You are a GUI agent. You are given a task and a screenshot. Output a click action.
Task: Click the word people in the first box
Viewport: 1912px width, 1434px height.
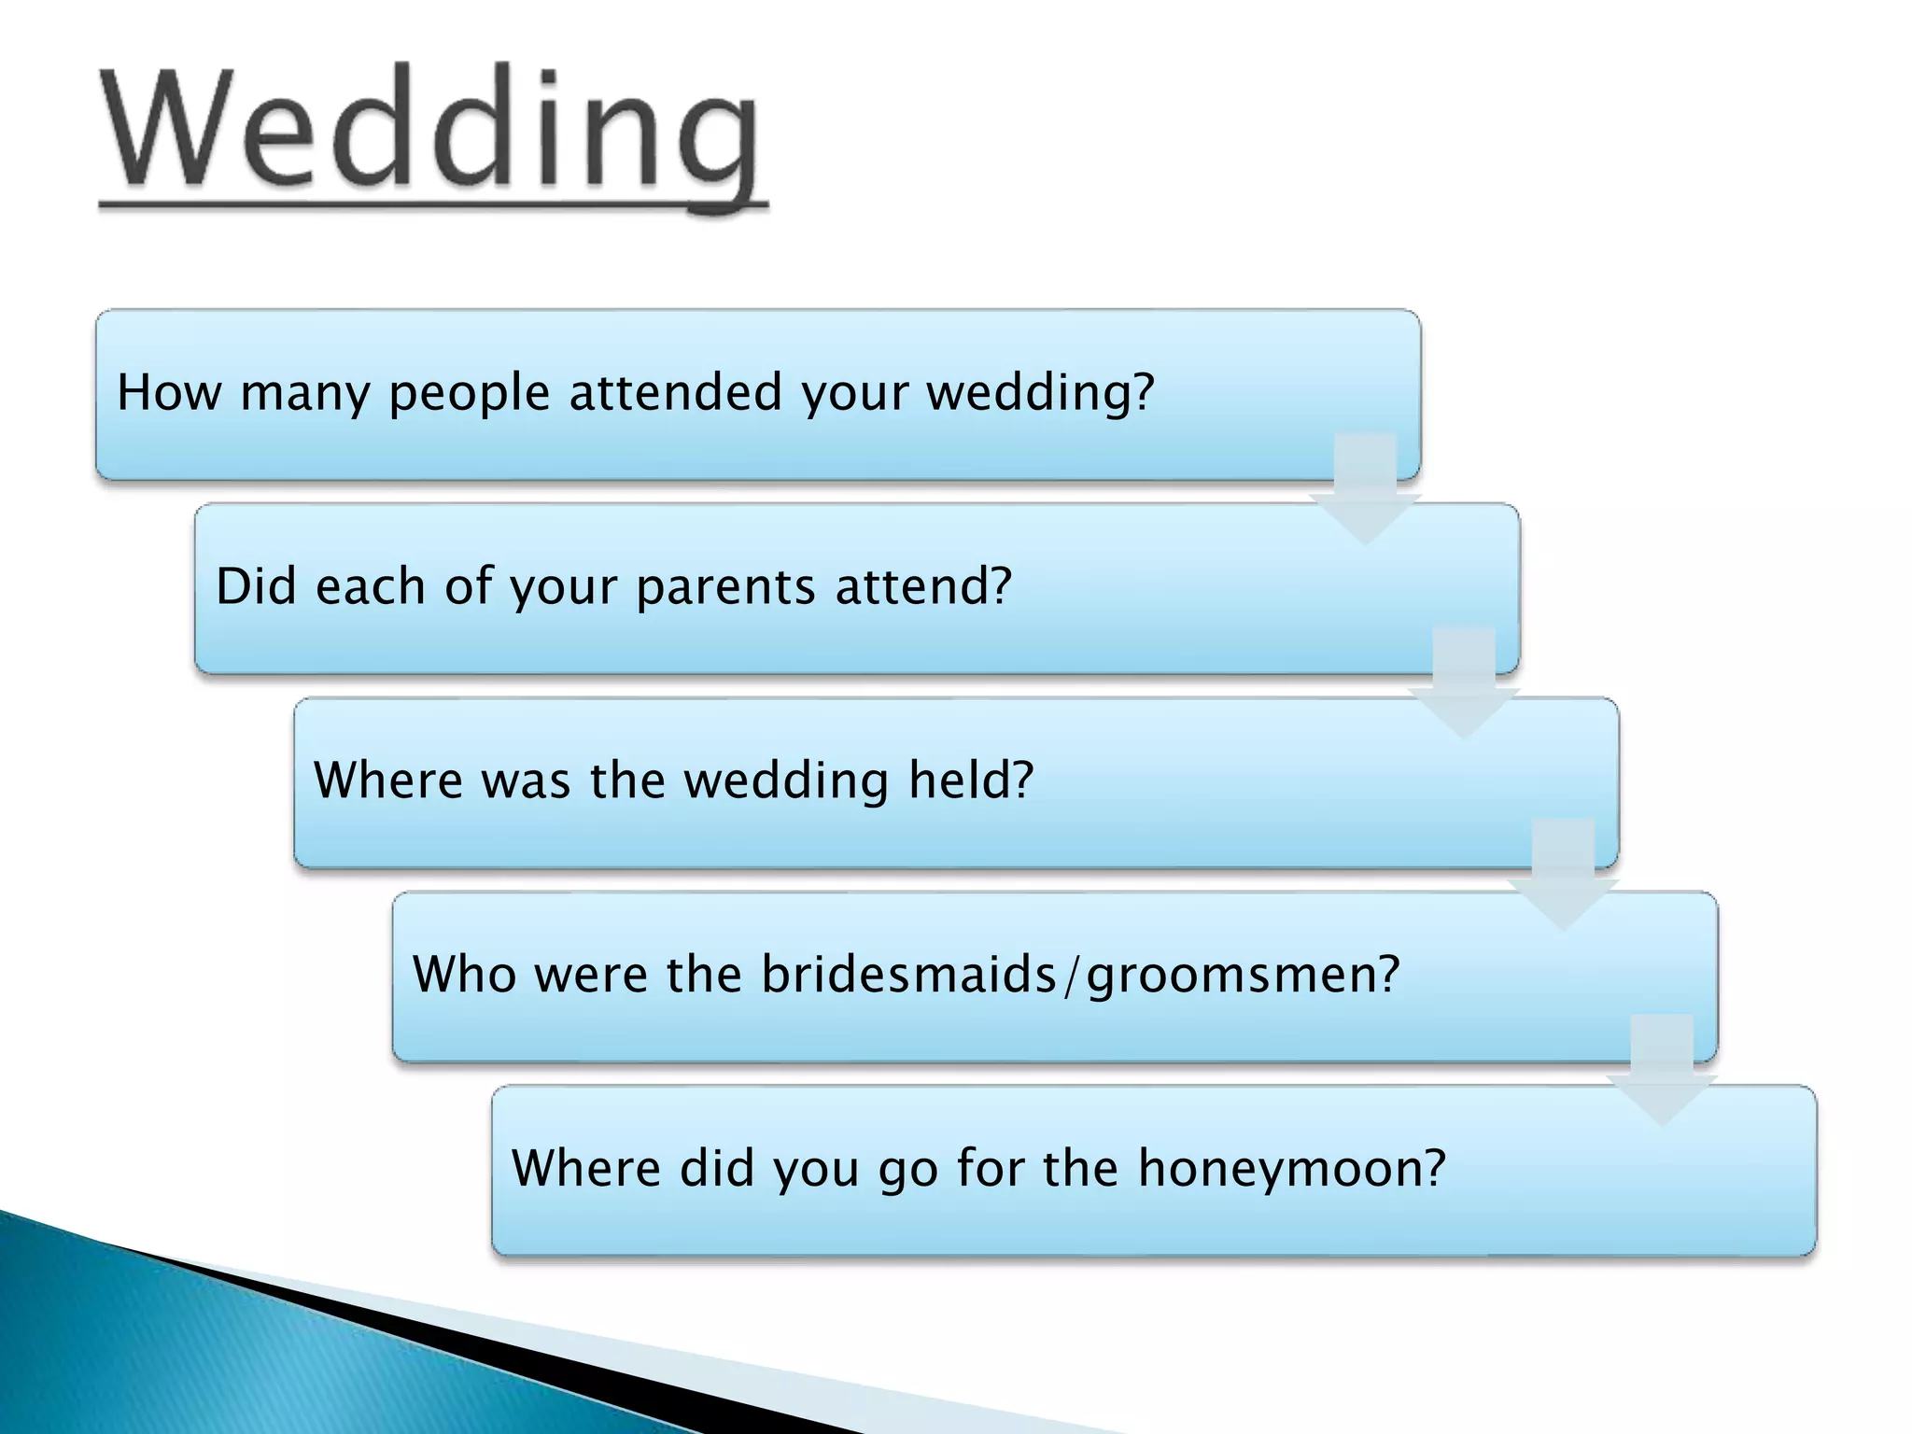click(469, 393)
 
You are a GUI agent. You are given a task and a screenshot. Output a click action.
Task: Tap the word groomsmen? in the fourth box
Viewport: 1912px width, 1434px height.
click(1243, 976)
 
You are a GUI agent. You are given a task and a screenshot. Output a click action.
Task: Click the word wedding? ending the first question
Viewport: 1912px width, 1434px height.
click(1040, 393)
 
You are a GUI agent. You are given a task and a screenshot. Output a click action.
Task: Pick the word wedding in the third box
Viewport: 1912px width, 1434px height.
click(785, 780)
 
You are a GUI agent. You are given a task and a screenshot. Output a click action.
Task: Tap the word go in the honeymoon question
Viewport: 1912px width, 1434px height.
click(907, 1170)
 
